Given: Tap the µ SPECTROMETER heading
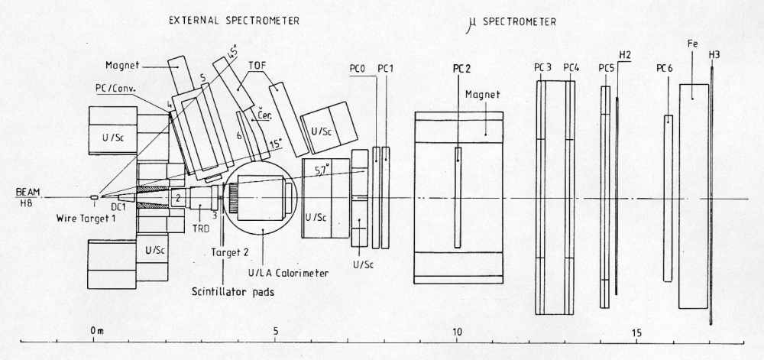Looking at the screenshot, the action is (511, 22).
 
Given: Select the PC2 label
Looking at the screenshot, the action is (460, 69).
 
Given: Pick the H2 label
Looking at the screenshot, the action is (625, 55).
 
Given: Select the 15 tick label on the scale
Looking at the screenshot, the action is (637, 333).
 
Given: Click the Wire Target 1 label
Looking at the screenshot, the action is (88, 217).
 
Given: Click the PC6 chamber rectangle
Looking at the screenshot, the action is (668, 198).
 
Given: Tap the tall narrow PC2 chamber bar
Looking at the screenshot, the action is (458, 197).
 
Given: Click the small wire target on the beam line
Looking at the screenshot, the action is (94, 197).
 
